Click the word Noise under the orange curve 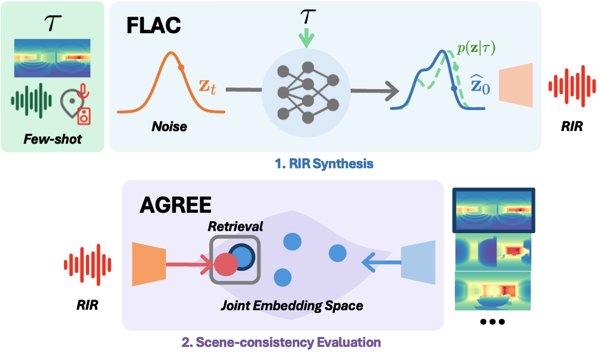click(169, 126)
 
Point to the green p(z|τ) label click(475, 49)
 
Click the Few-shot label click(53, 139)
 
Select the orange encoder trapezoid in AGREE click(149, 264)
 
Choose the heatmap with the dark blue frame click(493, 211)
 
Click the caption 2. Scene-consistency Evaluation click(281, 343)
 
